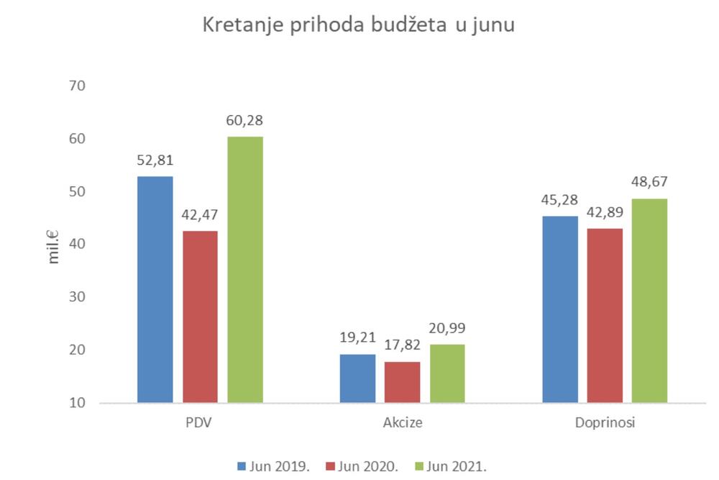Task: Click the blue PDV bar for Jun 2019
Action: pos(155,289)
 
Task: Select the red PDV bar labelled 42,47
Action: pos(200,317)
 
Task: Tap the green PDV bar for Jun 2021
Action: pos(245,269)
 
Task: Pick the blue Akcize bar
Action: pos(357,378)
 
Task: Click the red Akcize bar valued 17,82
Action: pos(402,381)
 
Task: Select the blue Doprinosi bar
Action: pos(560,309)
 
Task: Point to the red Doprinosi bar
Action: pos(605,315)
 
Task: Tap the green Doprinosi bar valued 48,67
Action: pos(649,300)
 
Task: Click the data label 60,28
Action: pos(245,119)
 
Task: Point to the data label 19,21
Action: pos(357,337)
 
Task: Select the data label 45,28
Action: pos(560,199)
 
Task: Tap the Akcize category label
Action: pos(402,423)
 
